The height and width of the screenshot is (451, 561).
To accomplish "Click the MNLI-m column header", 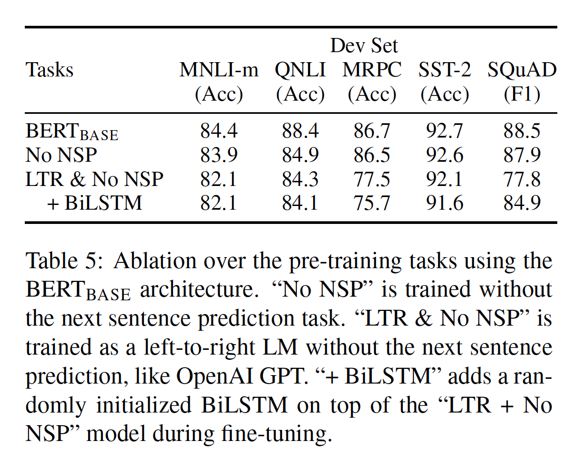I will click(x=219, y=70).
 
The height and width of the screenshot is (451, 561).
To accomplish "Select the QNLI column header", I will click(x=300, y=70).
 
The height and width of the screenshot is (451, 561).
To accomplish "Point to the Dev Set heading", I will click(x=364, y=46).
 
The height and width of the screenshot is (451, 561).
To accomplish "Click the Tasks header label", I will click(x=50, y=70).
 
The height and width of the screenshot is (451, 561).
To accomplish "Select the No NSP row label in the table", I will click(x=62, y=155).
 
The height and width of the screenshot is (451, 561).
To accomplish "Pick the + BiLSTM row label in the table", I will click(x=95, y=202).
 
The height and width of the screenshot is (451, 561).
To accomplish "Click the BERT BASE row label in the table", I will click(x=72, y=132).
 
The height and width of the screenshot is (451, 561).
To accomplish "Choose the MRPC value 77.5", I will click(x=372, y=179).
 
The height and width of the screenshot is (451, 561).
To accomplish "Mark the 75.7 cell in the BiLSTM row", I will click(x=372, y=202).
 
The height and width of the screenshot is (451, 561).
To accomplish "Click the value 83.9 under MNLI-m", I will click(x=219, y=155).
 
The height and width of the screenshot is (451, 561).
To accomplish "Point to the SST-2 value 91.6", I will click(x=444, y=202).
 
